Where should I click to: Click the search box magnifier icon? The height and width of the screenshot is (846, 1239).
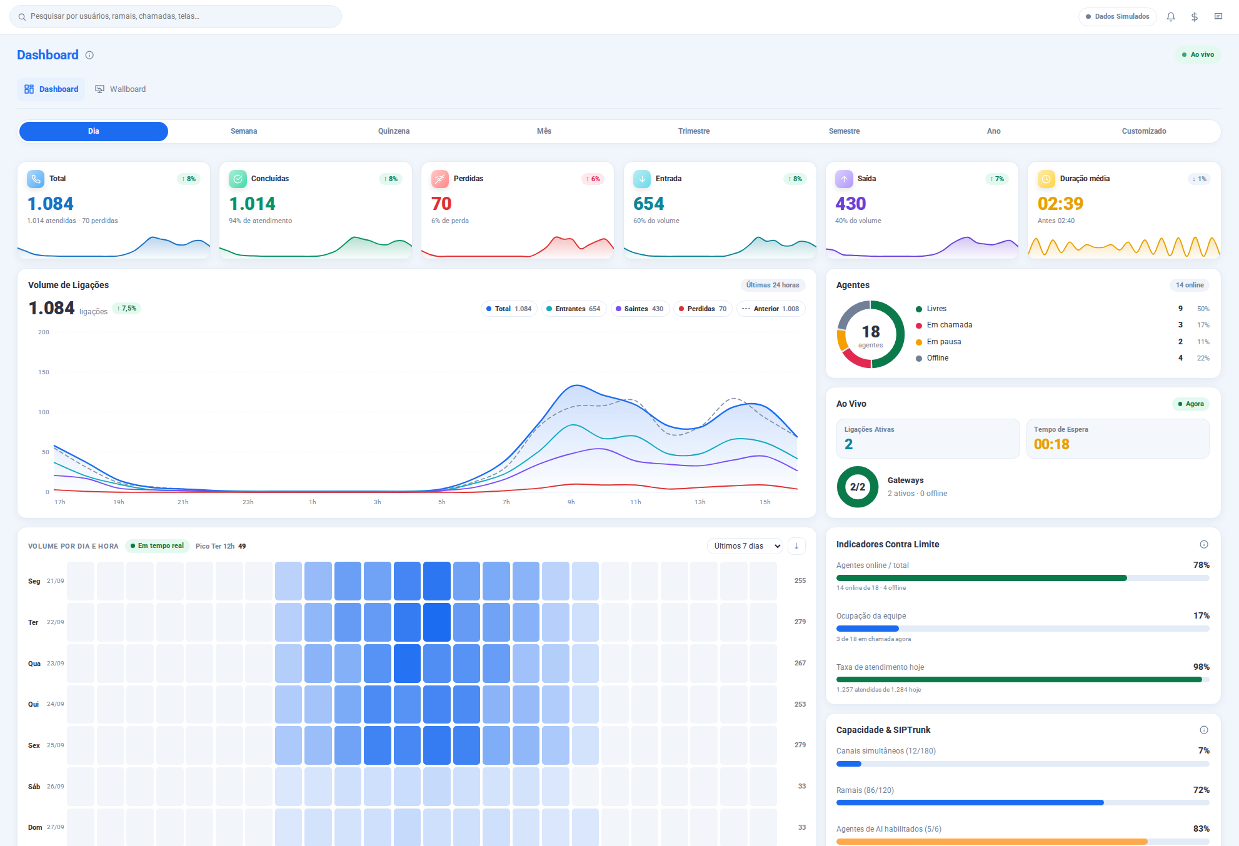click(22, 17)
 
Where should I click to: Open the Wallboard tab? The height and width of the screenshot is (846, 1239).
click(120, 89)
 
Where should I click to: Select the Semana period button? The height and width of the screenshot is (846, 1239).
click(244, 131)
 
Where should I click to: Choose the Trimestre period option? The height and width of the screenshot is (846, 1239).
click(694, 131)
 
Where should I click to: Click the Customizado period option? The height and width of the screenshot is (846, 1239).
click(1144, 131)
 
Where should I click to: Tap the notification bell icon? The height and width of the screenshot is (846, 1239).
click(1171, 17)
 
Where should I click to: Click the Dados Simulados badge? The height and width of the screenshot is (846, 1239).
click(1118, 17)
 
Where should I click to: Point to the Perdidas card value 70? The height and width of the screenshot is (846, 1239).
click(441, 204)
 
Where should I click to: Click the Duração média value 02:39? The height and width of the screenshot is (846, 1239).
click(1060, 204)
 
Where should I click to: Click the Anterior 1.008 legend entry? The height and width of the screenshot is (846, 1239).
click(771, 309)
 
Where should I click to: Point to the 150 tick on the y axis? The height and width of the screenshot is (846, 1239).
click(44, 372)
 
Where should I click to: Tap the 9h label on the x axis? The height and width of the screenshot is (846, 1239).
click(571, 502)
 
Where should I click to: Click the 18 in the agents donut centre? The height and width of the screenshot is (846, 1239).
click(871, 332)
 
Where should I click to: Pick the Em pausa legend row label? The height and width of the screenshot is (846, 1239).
click(944, 342)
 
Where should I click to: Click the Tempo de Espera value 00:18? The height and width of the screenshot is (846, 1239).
click(1051, 444)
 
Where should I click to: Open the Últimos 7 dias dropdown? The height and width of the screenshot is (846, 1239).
click(745, 546)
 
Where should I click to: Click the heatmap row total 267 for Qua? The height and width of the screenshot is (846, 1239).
click(800, 663)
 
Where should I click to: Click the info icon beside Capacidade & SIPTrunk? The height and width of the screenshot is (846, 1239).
click(1204, 730)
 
